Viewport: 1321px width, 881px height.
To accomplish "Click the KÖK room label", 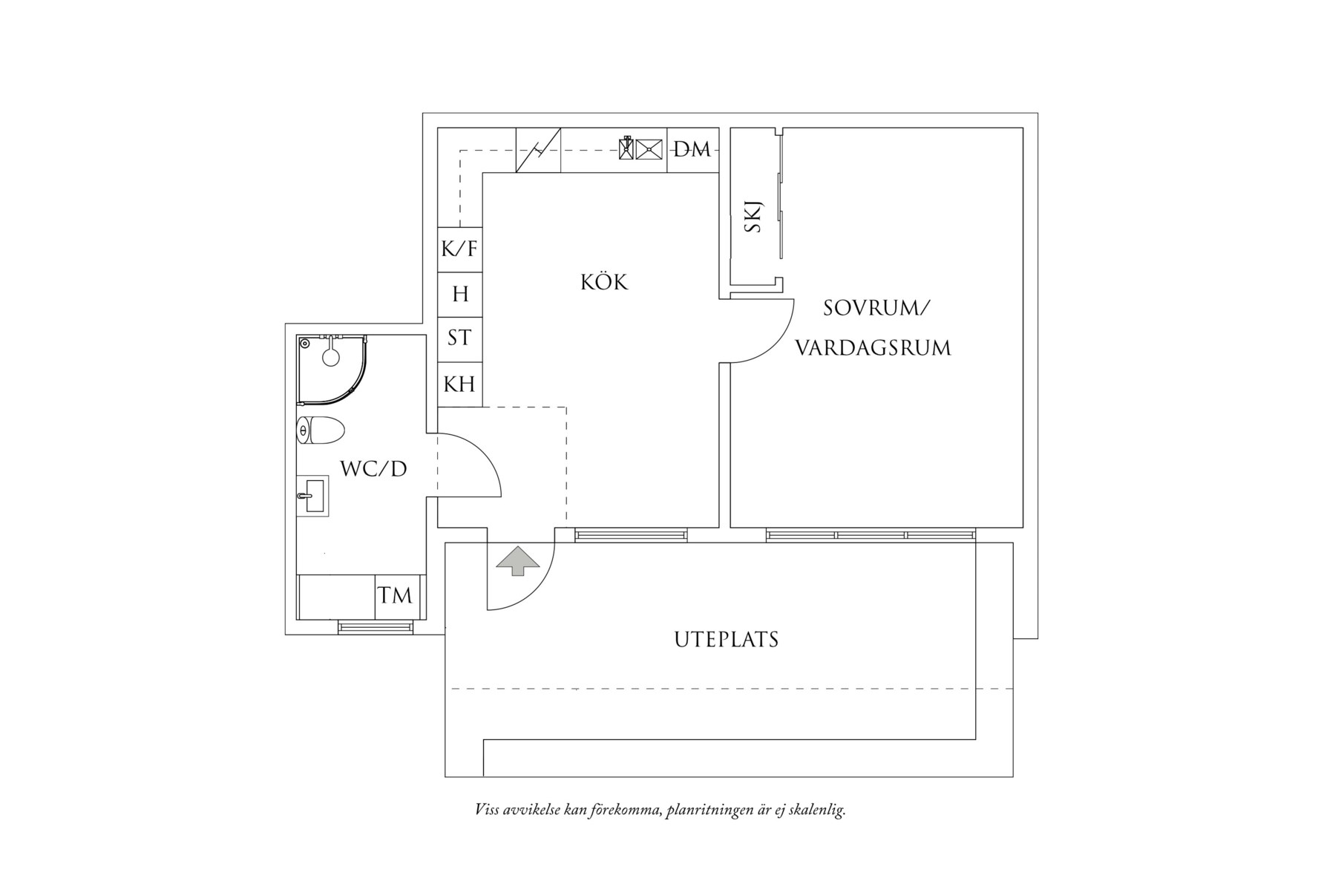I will (604, 283).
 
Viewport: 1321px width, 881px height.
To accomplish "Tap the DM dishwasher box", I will (692, 150).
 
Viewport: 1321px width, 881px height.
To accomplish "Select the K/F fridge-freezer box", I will (459, 249).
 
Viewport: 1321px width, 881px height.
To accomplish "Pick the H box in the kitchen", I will (460, 295).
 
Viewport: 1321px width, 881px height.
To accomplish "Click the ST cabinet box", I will (459, 338).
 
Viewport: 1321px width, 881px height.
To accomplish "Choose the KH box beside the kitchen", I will (459, 384).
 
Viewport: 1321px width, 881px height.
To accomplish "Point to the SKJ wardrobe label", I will (753, 217).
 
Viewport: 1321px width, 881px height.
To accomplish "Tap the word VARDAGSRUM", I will (873, 348).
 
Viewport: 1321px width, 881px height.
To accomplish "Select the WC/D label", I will (373, 469).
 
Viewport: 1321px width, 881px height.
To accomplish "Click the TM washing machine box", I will (395, 596).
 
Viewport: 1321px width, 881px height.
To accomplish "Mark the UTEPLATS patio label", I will (726, 640).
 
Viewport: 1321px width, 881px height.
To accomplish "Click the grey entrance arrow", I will (517, 561).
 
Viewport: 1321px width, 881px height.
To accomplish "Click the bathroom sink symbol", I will (312, 496).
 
